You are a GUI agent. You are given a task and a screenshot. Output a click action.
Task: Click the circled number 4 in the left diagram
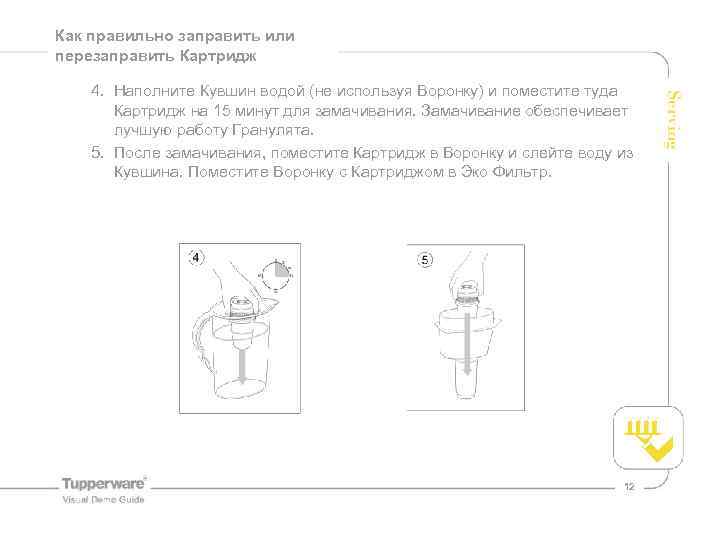click(196, 258)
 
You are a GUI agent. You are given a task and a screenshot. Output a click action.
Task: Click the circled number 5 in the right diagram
click(424, 260)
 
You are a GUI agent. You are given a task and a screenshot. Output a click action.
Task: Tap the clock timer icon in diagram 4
click(276, 273)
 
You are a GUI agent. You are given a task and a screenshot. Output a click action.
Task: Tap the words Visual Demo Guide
click(103, 499)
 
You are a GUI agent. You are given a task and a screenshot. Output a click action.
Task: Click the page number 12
click(629, 487)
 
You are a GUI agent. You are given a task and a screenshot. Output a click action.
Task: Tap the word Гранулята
click(273, 131)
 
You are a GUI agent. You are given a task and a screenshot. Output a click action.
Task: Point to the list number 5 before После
click(96, 152)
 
